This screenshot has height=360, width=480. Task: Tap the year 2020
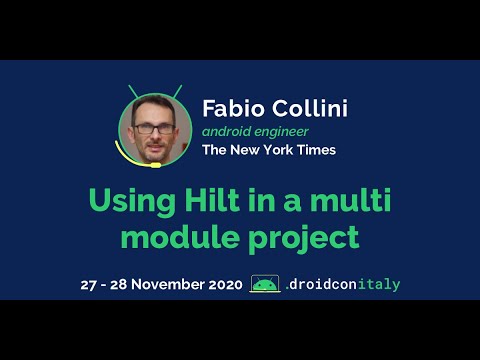point(221,285)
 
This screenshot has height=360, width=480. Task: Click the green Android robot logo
point(264,285)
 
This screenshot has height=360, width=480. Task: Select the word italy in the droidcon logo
point(380,285)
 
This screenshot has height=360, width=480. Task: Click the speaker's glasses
point(154,127)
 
